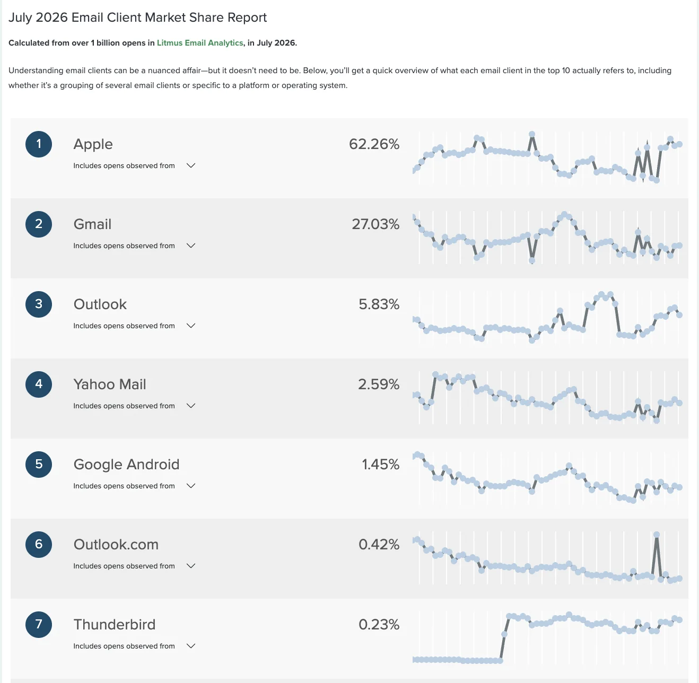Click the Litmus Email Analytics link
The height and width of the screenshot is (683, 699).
[200, 43]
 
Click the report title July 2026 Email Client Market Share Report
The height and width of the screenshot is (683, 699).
[137, 17]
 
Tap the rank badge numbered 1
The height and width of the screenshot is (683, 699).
[38, 144]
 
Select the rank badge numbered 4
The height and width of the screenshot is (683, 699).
[38, 384]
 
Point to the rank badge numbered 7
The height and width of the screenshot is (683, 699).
[38, 625]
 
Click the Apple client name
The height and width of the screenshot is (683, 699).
[93, 144]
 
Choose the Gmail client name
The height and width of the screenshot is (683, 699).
[92, 224]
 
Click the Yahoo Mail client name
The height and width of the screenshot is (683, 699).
[110, 384]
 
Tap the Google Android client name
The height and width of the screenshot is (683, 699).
[126, 465]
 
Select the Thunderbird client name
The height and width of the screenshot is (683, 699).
[114, 625]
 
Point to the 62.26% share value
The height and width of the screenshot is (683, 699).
[374, 144]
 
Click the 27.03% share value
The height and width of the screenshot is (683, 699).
[375, 224]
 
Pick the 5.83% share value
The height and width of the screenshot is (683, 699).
[379, 304]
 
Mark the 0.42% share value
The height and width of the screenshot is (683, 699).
[379, 545]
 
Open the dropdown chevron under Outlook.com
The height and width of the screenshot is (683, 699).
[191, 566]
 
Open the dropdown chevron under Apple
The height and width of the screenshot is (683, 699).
[191, 165]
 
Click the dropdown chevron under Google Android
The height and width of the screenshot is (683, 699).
[191, 486]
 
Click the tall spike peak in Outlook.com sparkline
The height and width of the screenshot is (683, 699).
[656, 535]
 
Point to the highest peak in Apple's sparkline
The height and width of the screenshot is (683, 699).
[532, 134]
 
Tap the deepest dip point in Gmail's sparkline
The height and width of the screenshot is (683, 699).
[532, 260]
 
